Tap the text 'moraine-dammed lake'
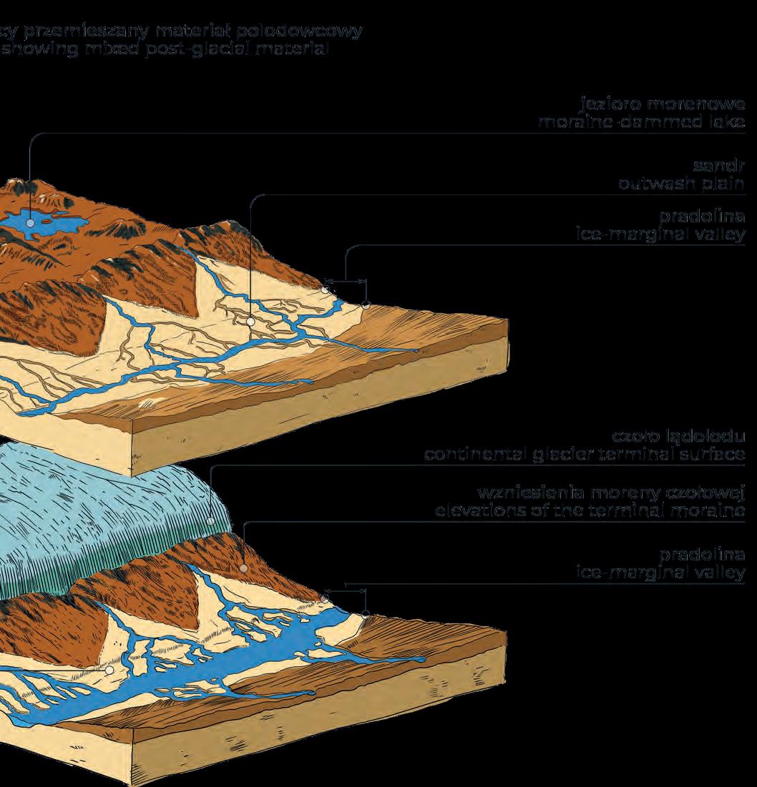click(642, 123)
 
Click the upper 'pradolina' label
click(704, 217)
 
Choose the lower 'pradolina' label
click(704, 555)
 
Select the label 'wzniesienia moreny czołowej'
click(612, 493)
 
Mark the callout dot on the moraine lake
click(30, 223)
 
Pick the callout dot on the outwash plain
click(250, 322)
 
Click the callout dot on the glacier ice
click(210, 520)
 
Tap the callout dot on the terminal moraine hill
click(243, 569)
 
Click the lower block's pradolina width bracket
click(345, 590)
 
